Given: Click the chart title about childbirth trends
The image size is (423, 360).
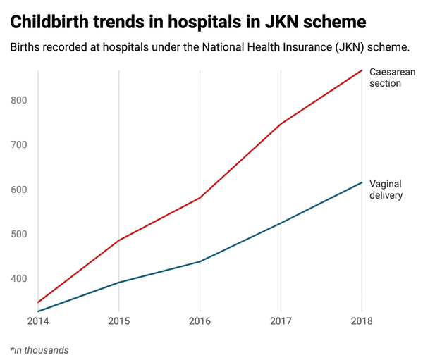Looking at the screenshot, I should pos(188,22).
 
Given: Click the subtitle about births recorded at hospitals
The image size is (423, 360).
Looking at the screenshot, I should pos(210,48).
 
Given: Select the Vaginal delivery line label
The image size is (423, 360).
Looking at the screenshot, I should pos(386,189).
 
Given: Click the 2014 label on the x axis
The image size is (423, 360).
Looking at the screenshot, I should pos(38,322).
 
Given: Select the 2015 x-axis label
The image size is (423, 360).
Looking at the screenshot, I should pos(118,322).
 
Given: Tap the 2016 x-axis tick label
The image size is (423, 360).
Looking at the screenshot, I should pos(200,322).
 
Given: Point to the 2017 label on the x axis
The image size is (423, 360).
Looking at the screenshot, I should pos(281,322).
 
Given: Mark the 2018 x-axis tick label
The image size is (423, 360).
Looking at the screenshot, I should pos(362,322).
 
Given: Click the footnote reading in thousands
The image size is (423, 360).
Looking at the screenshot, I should pos(39,349).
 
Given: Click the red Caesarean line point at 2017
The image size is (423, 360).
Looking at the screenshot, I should pos(281,124).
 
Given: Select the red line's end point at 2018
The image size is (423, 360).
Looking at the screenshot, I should pos(362,70).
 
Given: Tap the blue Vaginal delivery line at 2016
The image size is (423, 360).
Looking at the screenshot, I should pos(200,261).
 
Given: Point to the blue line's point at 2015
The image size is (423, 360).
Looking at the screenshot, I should pos(118,283).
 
